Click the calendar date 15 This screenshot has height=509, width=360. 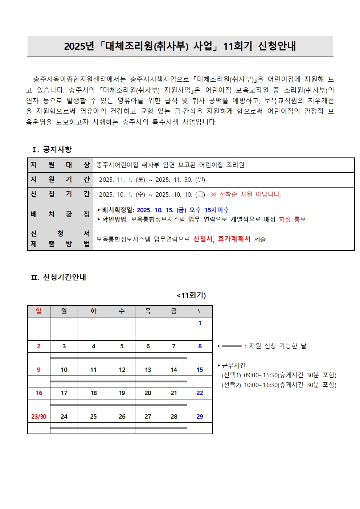200,370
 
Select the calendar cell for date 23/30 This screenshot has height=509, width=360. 39,416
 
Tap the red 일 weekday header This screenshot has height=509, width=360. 39,311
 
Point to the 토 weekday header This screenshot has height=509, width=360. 200,311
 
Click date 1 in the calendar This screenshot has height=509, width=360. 200,323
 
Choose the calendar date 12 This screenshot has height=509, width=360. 122,370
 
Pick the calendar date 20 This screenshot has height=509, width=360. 148,393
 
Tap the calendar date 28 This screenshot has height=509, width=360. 174,416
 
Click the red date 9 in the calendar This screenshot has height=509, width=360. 39,370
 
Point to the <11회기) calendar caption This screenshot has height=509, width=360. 191,295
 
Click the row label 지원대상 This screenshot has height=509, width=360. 60,165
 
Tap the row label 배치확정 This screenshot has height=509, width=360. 60,214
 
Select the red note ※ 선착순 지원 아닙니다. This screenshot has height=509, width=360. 246,194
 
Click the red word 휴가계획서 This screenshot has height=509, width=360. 234,239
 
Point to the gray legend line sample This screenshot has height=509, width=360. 231,346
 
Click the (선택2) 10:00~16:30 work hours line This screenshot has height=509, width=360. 279,385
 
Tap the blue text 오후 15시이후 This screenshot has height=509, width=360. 209,210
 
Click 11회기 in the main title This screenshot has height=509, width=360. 237,46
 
